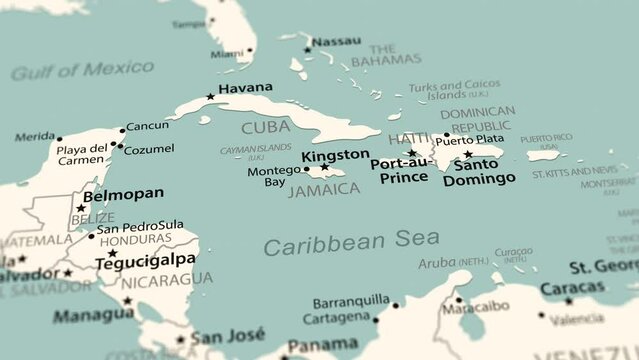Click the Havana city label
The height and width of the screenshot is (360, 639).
coord(245,88)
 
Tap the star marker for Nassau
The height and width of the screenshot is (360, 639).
coord(307,42)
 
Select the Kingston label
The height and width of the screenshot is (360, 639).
coord(335,155)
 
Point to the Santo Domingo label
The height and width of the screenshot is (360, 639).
coord(479,172)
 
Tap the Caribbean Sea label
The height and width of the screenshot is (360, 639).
coord(351,241)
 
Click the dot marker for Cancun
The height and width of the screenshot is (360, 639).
coord(123,129)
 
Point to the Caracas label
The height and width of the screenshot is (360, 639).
coord(572,288)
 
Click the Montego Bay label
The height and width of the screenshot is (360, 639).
coord(273,176)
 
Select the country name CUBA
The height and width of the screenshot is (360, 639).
coord(266,127)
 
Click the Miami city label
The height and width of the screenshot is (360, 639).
coord(227,54)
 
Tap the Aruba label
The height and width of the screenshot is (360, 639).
coord(436,262)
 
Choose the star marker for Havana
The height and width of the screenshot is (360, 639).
coord(210,97)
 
